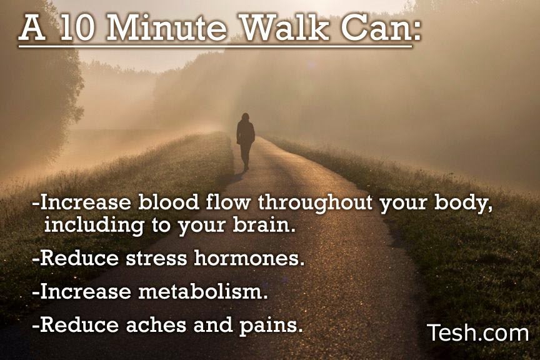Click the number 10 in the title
point(76,28)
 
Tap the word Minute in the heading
point(167,28)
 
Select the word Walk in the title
point(286,27)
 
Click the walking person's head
point(245,117)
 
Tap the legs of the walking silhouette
point(246,156)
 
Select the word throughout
point(315,203)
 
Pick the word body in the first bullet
point(461,203)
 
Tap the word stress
point(156,258)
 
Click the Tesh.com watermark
point(477,332)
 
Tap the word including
point(94,226)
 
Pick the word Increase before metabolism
point(86,291)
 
